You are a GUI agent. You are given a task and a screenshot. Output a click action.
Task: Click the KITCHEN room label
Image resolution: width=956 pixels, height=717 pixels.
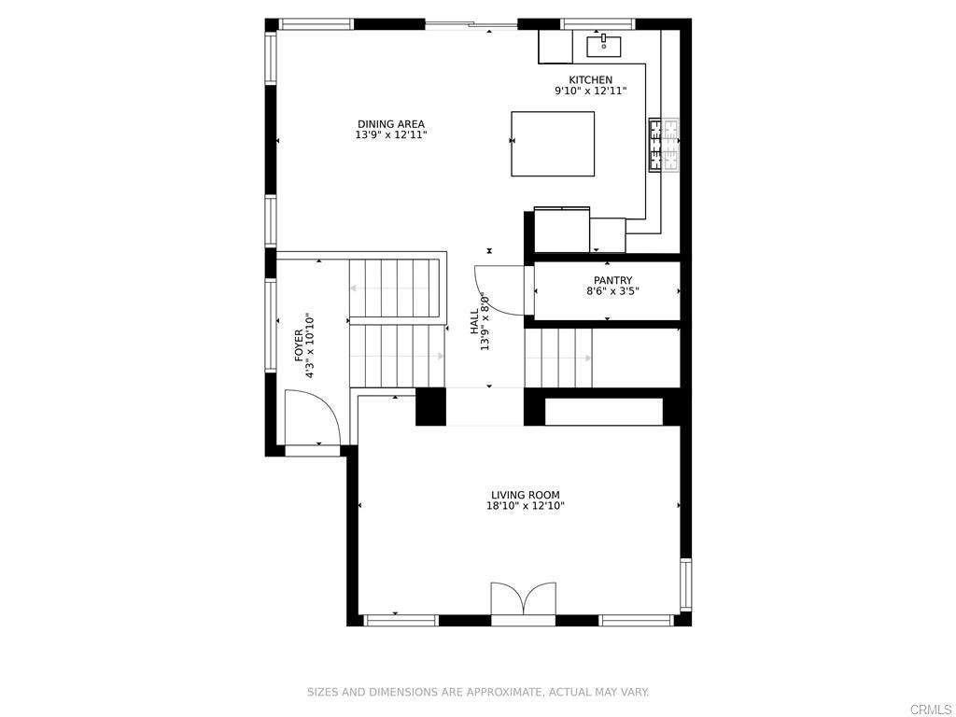coord(591,80)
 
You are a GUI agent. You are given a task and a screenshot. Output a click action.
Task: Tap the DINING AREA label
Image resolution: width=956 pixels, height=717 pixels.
coord(390,124)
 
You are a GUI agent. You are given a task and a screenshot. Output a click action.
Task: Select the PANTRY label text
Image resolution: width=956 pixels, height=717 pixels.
coord(612,280)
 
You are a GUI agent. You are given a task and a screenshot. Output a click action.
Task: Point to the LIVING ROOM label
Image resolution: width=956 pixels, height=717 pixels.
coord(525,495)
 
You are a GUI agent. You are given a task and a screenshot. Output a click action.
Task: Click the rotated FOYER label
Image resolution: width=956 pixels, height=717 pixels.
coord(299,345)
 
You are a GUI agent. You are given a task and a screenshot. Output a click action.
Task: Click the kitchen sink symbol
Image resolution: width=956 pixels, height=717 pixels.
coord(603,43)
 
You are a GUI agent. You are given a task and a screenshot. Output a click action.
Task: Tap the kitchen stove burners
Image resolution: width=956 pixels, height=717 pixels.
coord(664,145)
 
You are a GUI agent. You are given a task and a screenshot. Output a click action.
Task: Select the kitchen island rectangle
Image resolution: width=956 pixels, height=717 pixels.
coord(553,144)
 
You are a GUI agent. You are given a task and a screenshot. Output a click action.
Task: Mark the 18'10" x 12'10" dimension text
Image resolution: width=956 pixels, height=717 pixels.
coord(525,506)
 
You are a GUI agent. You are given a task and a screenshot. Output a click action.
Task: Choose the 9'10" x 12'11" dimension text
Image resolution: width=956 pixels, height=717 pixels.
coord(591,91)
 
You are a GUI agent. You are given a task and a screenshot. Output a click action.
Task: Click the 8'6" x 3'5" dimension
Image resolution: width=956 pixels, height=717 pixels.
coord(612,291)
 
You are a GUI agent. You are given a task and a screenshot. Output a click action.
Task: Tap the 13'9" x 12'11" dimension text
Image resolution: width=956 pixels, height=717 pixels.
coord(390,135)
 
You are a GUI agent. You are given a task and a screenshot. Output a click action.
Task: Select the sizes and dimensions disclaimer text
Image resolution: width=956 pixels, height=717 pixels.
coord(478,692)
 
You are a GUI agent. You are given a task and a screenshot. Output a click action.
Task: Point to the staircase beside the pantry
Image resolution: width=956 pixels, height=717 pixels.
coord(558,358)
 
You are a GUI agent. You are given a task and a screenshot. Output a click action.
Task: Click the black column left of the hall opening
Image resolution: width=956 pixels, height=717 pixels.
coord(430,407)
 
